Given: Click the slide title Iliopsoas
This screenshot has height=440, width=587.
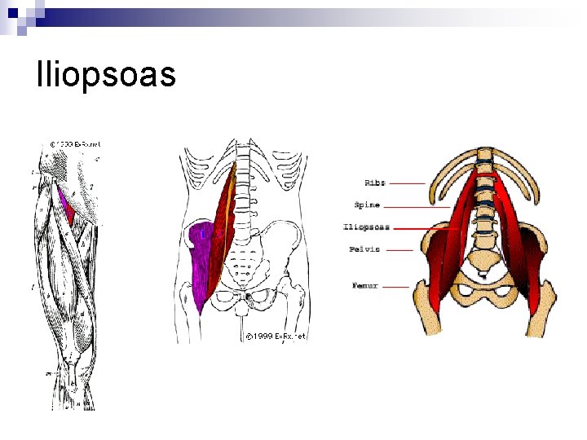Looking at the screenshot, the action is click(x=106, y=75).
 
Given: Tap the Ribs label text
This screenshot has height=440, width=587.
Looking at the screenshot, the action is click(x=375, y=183).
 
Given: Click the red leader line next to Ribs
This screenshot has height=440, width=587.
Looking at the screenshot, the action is click(x=408, y=183).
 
